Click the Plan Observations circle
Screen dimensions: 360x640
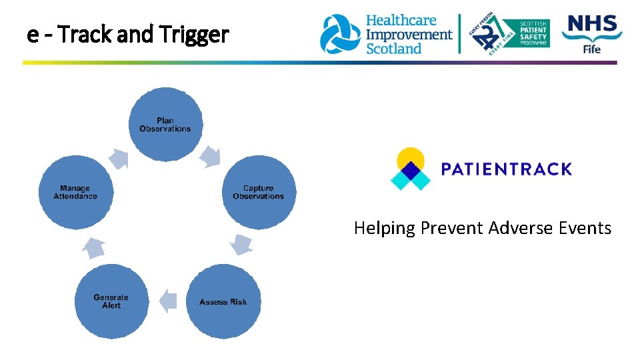coord(165,125)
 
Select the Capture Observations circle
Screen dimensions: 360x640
coord(258,193)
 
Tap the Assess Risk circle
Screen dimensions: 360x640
coord(223,301)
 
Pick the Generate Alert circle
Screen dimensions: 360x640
coord(111,301)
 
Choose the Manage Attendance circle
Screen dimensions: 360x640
coord(75,193)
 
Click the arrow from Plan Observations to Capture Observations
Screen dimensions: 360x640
coord(211,157)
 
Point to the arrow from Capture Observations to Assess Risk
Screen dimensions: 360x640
coord(241,245)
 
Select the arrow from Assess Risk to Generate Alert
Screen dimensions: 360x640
coord(168,301)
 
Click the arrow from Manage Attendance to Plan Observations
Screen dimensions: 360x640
coord(119,158)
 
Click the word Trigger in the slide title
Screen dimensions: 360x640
coord(198,34)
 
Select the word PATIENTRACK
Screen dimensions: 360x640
coord(506,169)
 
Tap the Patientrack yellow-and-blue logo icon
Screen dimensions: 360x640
coord(410,169)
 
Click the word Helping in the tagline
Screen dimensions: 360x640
coord(384,229)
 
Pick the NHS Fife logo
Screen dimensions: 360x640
coord(592,33)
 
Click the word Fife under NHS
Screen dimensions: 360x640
coord(591,49)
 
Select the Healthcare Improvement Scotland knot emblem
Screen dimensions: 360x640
coord(340,34)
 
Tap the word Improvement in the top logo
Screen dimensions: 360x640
coord(409,34)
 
